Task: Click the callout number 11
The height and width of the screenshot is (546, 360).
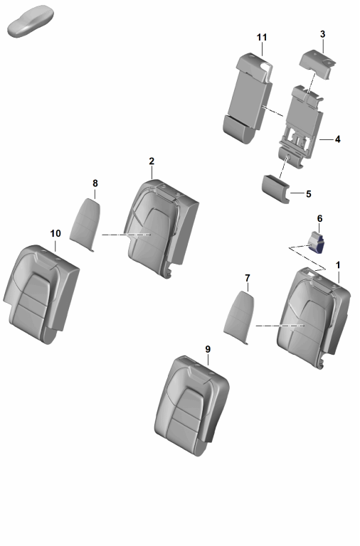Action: [x=262, y=37]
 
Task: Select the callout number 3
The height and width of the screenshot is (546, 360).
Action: [x=322, y=34]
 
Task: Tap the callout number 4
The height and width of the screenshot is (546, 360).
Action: [x=337, y=139]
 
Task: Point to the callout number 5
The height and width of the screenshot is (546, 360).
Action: [x=309, y=193]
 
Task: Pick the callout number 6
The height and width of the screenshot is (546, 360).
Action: [x=319, y=219]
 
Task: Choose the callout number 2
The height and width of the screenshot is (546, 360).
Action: [x=152, y=161]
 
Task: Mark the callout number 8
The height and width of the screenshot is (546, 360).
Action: [x=95, y=183]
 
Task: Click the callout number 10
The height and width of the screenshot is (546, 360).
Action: [x=55, y=233]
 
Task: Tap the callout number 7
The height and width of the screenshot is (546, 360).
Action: [x=248, y=278]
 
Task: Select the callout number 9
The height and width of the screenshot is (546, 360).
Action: [x=208, y=349]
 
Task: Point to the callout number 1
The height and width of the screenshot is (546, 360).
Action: [x=337, y=265]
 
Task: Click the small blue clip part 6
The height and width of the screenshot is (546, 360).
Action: [x=316, y=242]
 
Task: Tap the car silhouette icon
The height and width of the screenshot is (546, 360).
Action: [x=31, y=21]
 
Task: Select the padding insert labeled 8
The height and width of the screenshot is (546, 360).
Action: [x=85, y=223]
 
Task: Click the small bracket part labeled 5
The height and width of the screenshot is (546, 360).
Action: [x=275, y=188]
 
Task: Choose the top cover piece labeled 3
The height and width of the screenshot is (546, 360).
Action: [x=317, y=65]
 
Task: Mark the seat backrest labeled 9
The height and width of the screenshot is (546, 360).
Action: [x=191, y=405]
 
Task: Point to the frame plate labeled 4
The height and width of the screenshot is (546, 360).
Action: [x=302, y=125]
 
